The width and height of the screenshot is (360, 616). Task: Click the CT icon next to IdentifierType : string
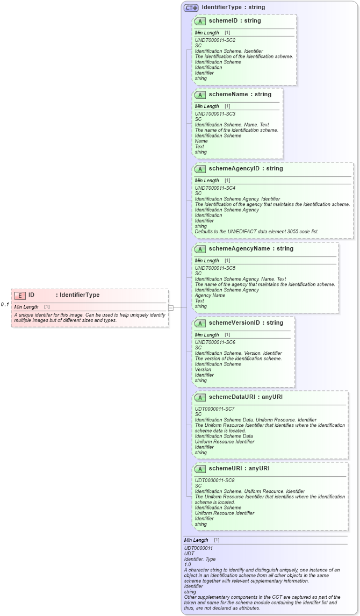(x=191, y=8)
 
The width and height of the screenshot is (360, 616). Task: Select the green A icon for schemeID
(x=200, y=21)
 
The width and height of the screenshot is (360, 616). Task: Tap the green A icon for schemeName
(x=200, y=95)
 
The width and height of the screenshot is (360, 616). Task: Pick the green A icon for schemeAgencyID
(x=200, y=169)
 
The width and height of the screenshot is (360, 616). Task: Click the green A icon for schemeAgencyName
(x=200, y=249)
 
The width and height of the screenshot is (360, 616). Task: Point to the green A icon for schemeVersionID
(x=200, y=323)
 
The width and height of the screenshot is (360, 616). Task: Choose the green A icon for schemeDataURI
(x=200, y=397)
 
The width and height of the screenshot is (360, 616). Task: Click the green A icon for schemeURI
(x=200, y=469)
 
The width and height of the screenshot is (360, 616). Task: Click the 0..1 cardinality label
(x=5, y=305)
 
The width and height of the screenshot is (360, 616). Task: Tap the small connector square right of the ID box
(x=171, y=308)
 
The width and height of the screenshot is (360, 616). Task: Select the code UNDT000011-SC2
(x=215, y=40)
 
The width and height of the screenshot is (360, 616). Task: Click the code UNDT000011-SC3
(x=215, y=114)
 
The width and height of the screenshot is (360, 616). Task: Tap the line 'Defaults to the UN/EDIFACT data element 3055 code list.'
(x=256, y=232)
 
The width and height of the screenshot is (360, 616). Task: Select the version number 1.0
(x=188, y=564)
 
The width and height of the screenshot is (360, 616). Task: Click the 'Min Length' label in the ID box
(x=26, y=307)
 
